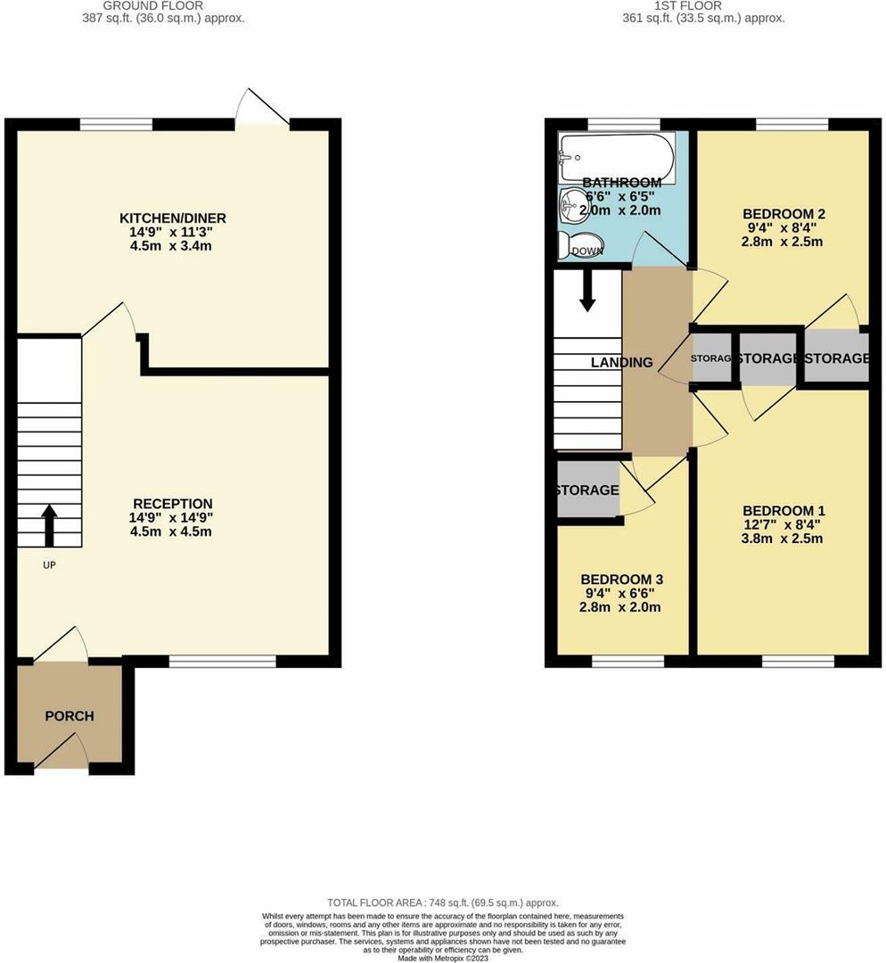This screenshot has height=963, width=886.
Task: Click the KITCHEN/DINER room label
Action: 173,218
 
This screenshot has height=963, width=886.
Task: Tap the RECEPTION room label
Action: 173,503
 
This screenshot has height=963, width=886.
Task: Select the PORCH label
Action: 70,716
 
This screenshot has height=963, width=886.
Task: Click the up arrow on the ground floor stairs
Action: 49,525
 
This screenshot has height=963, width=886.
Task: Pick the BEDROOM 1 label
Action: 783,511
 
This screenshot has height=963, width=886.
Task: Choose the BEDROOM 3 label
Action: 621,579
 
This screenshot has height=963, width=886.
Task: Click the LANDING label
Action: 622,362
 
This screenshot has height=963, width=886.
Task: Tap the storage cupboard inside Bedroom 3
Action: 587,490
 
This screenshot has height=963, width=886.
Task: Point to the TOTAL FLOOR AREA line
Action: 443,903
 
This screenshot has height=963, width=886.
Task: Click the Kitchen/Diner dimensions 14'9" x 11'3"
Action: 173,233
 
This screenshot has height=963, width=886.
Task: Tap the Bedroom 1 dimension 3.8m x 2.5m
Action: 783,539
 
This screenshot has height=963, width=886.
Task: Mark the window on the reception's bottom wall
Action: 222,662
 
